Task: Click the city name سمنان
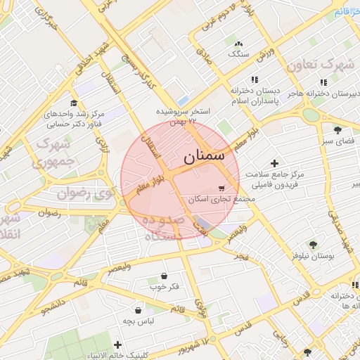coord(206,157)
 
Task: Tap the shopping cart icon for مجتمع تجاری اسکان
coord(222,188)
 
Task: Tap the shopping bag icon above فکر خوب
coord(164,275)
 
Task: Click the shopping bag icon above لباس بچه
coord(139,309)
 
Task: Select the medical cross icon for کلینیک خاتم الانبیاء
coord(117,345)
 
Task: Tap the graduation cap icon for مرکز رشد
coord(74,103)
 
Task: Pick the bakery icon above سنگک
coord(239,44)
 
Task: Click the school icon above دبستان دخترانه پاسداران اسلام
coord(255,80)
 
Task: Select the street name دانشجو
coord(54,307)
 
